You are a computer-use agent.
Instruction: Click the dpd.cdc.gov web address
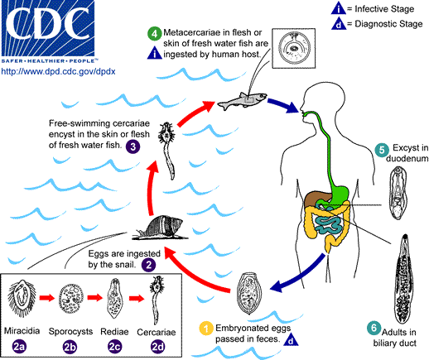pos(51,72)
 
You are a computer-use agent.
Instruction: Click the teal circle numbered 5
pos(381,151)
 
